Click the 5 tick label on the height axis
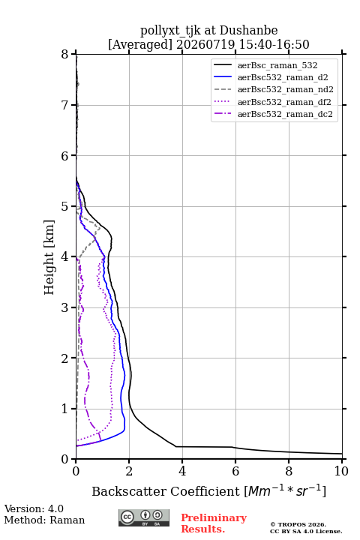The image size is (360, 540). coord(65,206)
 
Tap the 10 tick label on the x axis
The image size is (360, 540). coord(341,471)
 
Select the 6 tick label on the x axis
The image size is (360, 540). coord(235,471)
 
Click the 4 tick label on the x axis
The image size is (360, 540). coord(182,471)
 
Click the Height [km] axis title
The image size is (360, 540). coord(49,257)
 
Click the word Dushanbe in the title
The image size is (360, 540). coord(248,30)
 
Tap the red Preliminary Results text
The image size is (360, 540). coord(214,523)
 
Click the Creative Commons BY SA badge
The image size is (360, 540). coord(144,518)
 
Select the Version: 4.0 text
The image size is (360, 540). coord(34,508)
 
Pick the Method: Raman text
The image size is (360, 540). coord(44,520)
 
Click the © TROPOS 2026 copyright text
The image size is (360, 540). coord(298,524)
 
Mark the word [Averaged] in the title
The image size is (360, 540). coord(140,44)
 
